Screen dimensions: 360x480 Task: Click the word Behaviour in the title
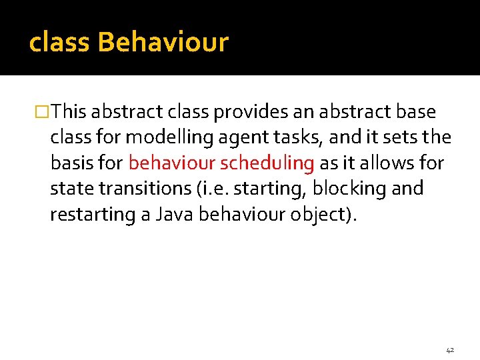pos(163,43)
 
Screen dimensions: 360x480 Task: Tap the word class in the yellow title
pos(60,43)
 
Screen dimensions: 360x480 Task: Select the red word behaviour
pos(172,163)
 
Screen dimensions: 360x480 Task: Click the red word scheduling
pos(268,163)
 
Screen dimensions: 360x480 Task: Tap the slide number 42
pos(450,349)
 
